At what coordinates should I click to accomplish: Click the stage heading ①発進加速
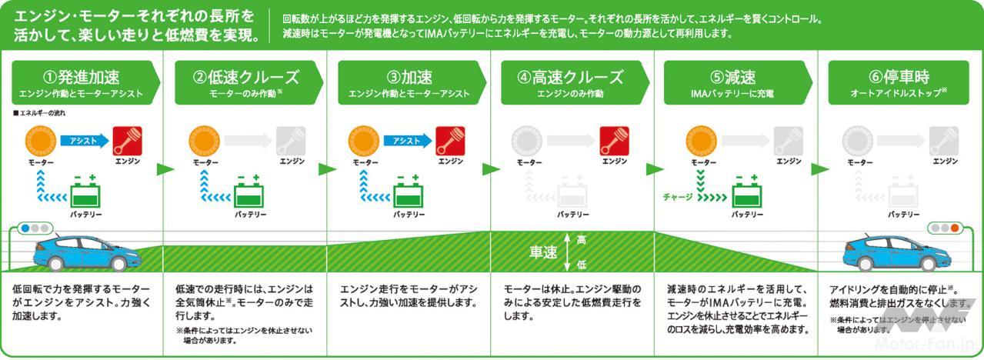point(81,77)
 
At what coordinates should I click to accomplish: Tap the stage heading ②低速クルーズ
point(245,77)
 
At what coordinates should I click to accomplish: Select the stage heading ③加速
point(409,77)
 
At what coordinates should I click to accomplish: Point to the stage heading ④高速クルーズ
point(571,77)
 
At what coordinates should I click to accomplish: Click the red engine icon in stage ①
point(127,140)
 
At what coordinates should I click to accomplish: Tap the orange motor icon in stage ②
point(205,140)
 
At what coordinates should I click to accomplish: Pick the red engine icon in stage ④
point(615,140)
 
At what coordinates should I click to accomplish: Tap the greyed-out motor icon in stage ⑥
point(858,140)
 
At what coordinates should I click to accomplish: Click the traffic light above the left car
point(35,228)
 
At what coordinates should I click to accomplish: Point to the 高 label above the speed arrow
point(581,239)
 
